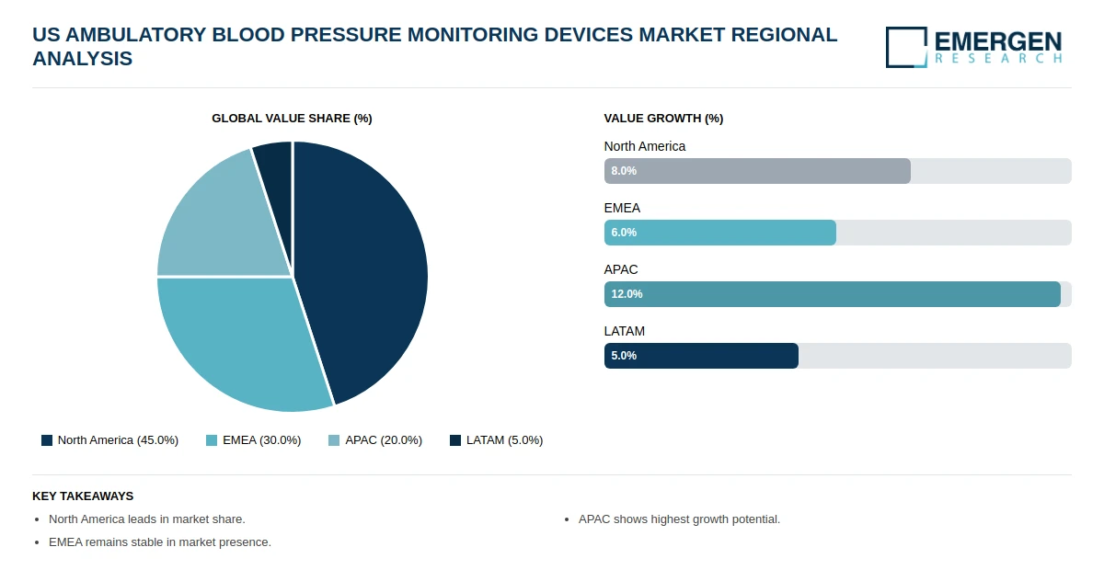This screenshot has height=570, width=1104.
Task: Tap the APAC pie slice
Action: point(222,222)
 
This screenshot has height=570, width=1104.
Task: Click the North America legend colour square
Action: point(47,440)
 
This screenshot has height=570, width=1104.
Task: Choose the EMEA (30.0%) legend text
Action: point(261,440)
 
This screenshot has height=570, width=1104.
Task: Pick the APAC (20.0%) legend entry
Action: point(375,440)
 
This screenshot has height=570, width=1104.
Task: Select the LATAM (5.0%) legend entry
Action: point(496,440)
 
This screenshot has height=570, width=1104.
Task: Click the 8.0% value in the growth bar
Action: point(624,171)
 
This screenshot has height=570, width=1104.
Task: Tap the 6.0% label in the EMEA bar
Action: point(624,233)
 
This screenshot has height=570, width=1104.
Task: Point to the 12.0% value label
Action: point(627,294)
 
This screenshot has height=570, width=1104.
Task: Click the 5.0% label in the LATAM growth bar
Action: point(624,356)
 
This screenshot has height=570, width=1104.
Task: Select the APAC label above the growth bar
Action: point(620,269)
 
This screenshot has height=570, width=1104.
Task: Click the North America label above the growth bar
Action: point(645,146)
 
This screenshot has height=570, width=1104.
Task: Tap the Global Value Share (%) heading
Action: point(292,119)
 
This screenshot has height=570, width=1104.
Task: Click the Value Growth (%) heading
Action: point(663,119)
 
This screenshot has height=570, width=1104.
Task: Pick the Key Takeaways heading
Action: point(83,496)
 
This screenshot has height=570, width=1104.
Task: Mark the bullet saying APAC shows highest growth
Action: point(679,519)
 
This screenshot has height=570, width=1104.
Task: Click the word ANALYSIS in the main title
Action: point(82,59)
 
